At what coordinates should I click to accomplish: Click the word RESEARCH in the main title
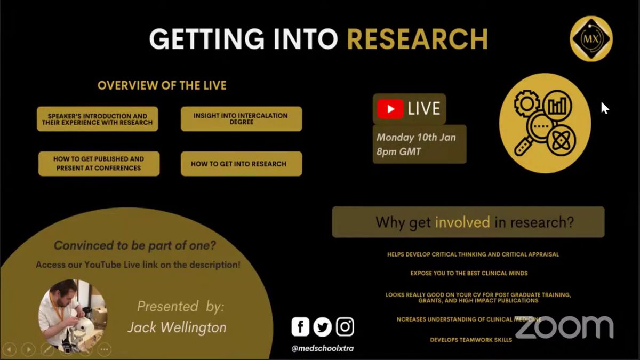click(x=418, y=39)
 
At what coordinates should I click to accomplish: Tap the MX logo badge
click(x=591, y=38)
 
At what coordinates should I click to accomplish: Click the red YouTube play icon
click(x=390, y=109)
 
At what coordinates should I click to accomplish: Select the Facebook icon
click(x=300, y=326)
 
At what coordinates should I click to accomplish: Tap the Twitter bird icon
click(x=322, y=326)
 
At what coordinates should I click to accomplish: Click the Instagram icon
click(x=345, y=326)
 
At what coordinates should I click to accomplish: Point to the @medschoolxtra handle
click(x=323, y=348)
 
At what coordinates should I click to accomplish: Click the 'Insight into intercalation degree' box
click(x=242, y=119)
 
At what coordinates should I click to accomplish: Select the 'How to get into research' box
click(x=242, y=164)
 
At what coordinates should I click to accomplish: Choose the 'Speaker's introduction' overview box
click(x=98, y=119)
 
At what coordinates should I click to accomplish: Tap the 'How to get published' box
click(x=99, y=164)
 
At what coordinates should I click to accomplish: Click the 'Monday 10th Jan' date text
click(x=416, y=138)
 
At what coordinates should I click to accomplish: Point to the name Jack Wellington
click(x=177, y=327)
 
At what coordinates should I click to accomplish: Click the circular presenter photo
click(x=73, y=314)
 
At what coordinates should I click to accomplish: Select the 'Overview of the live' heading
click(x=162, y=85)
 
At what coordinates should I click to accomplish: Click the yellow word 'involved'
click(x=462, y=222)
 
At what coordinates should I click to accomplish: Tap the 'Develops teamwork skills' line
click(x=471, y=340)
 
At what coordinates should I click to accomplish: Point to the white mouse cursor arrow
click(x=605, y=108)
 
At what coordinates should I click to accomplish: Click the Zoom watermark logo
click(x=564, y=327)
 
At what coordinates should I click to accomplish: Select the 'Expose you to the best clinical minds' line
click(x=469, y=273)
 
